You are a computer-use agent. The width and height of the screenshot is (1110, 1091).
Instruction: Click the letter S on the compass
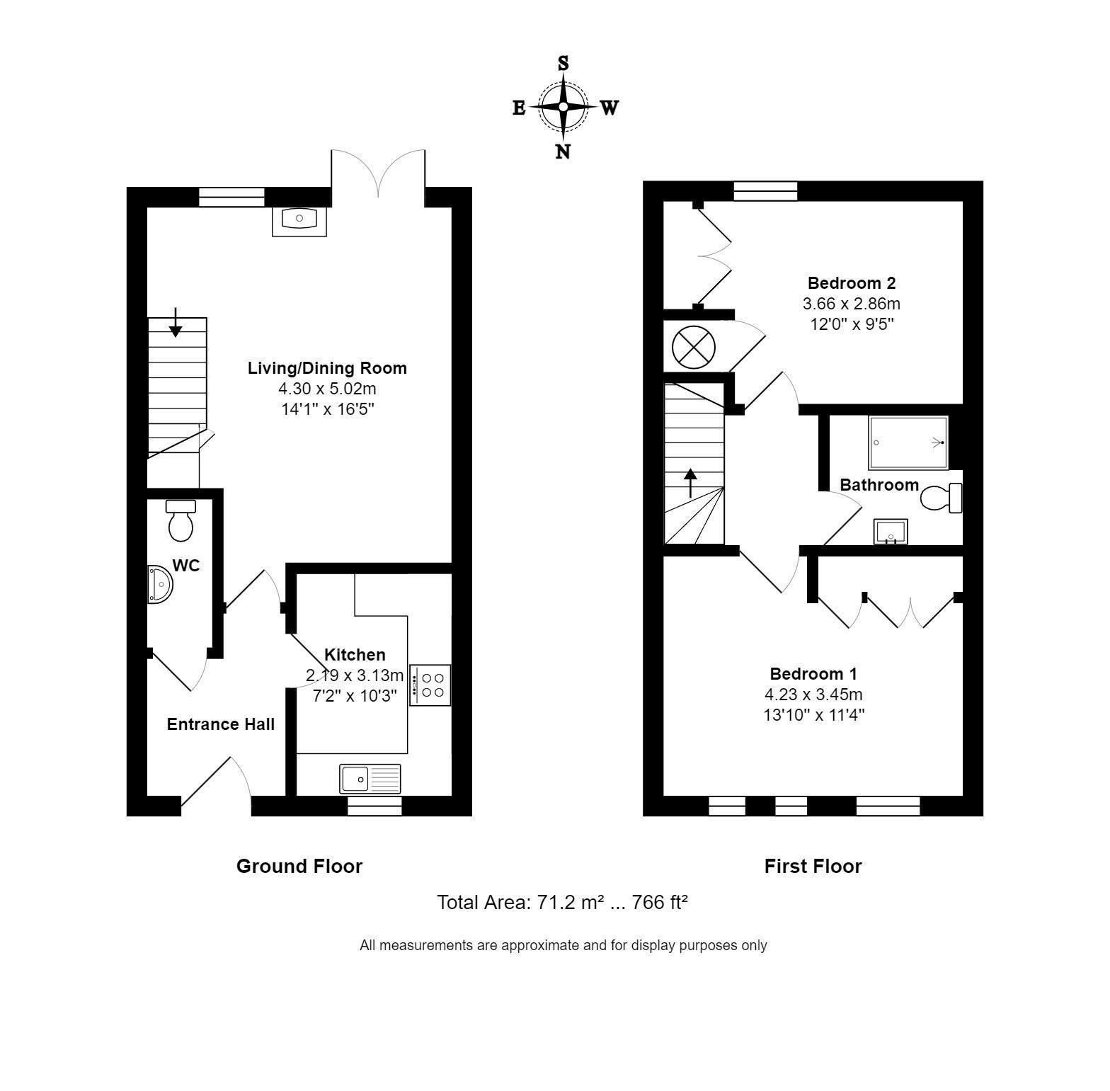pos(563,63)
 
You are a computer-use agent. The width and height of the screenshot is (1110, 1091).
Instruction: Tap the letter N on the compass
pos(563,152)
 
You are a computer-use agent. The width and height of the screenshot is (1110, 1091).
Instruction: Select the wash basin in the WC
pos(159,585)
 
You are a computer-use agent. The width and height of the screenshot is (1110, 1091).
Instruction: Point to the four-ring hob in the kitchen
pos(430,685)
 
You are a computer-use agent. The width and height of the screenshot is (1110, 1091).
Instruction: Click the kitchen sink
pos(370,779)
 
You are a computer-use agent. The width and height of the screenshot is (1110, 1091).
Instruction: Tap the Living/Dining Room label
pos(327,368)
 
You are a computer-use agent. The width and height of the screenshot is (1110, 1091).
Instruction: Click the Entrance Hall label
pos(221,724)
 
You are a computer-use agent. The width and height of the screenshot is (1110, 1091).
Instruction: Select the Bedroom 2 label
pos(852,283)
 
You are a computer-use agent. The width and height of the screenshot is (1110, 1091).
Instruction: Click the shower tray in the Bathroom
pos(908,442)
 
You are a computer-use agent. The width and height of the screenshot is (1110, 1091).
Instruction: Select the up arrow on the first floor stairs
pos(690,484)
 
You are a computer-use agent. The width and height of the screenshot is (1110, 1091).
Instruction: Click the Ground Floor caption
pos(299,867)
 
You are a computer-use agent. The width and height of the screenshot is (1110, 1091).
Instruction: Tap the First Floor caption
pos(813,867)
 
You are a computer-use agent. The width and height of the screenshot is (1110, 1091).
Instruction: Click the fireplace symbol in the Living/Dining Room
pos(299,220)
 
